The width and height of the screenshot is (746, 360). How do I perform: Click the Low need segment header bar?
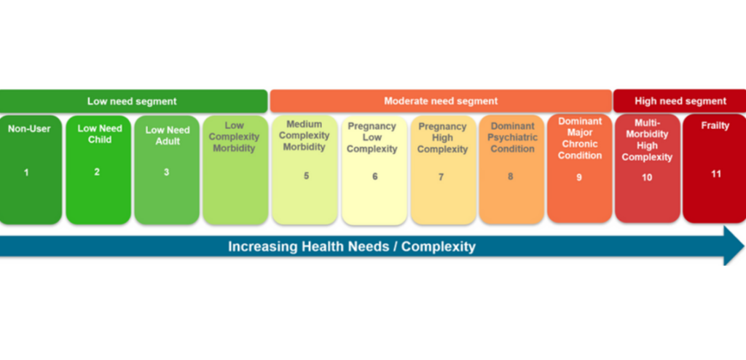click(133, 101)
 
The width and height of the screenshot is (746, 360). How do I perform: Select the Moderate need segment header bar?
click(441, 101)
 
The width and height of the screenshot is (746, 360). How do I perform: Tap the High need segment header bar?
click(680, 101)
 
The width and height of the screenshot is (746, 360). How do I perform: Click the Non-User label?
click(29, 129)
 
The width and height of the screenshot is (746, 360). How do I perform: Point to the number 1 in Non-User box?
click(27, 173)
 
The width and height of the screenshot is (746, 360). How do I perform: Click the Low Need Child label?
click(100, 133)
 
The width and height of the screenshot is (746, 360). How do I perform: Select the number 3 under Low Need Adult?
click(166, 173)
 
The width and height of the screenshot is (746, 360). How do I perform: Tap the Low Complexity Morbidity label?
click(234, 137)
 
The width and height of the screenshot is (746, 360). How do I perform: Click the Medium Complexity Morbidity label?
click(305, 136)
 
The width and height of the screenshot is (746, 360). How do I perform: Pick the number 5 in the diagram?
click(306, 176)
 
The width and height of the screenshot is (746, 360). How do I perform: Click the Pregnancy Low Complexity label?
click(372, 138)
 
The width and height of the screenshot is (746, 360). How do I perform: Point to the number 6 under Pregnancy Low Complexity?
click(375, 176)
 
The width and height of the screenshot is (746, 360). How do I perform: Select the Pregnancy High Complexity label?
click(443, 138)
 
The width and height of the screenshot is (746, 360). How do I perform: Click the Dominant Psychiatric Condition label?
click(513, 138)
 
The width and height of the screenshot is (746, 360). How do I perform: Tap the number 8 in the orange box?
click(510, 176)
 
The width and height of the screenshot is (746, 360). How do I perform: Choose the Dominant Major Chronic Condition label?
click(580, 138)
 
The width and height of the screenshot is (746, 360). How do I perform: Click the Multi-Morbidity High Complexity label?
click(647, 140)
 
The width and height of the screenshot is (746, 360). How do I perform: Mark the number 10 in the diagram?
click(647, 177)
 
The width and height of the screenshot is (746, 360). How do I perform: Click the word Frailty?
click(715, 125)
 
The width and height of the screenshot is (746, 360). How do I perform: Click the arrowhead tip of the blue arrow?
click(742, 246)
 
